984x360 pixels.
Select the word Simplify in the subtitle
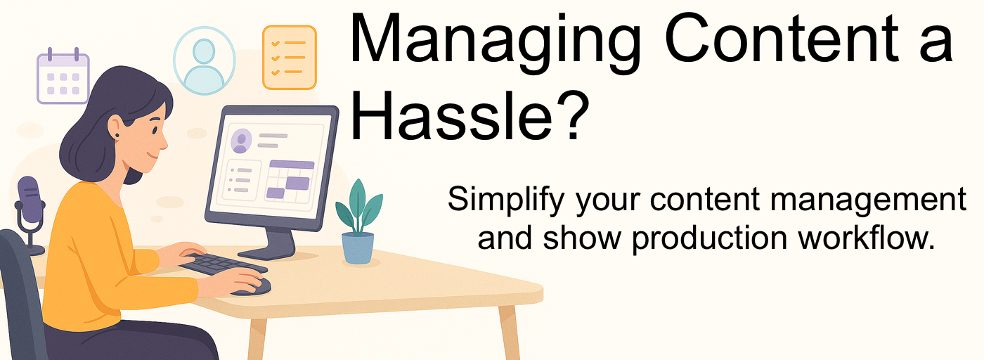click(x=505, y=200)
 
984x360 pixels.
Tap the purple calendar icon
click(x=63, y=76)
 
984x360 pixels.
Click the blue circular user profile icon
click(x=205, y=60)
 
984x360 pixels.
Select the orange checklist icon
click(x=290, y=58)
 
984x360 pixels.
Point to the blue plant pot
click(x=358, y=248)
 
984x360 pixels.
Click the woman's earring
click(x=117, y=135)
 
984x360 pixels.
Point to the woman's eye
click(x=155, y=131)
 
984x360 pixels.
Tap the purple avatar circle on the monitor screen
click(x=241, y=141)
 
